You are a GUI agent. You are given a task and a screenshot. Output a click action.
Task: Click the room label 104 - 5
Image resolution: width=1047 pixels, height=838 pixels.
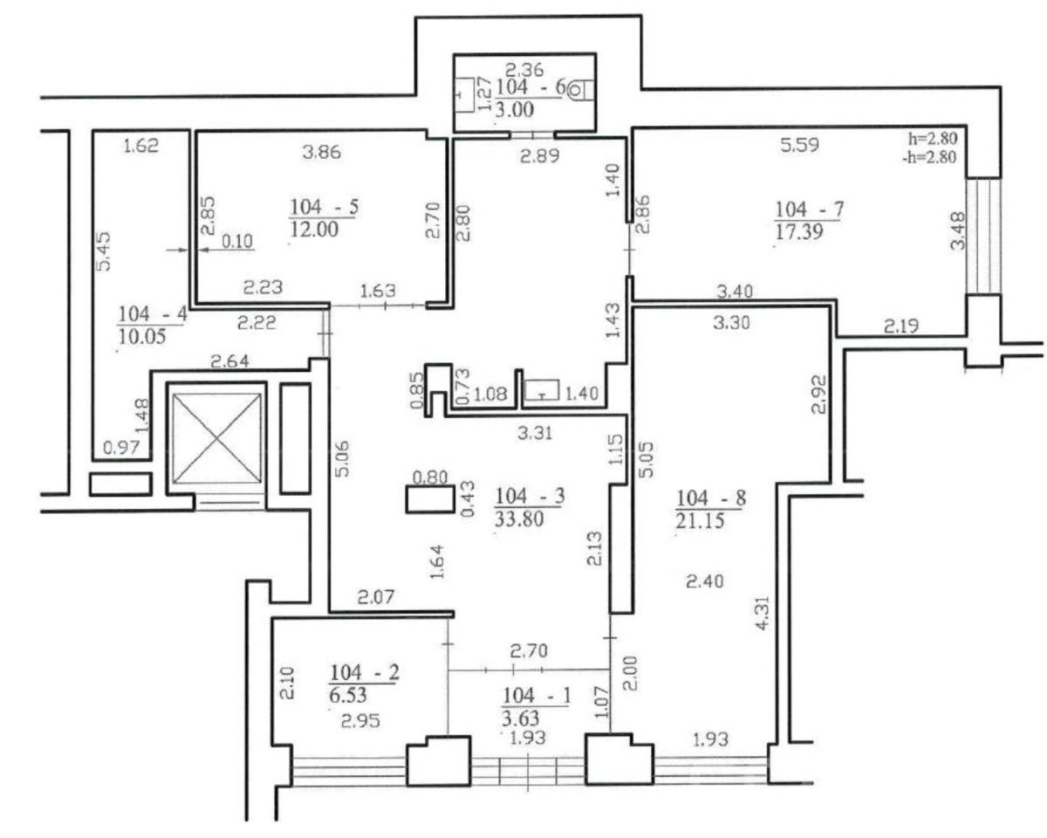click(x=324, y=207)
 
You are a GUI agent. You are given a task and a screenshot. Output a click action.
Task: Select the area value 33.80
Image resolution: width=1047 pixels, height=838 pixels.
click(x=519, y=519)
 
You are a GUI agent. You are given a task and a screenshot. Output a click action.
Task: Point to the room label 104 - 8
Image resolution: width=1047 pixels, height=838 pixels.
click(x=711, y=498)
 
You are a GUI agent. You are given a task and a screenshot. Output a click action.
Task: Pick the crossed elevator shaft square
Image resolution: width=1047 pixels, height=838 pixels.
click(x=217, y=439)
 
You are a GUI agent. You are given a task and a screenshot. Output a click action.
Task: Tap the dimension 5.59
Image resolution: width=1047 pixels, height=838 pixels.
click(x=799, y=145)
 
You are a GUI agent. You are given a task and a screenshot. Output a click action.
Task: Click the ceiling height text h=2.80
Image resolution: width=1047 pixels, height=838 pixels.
click(x=933, y=138)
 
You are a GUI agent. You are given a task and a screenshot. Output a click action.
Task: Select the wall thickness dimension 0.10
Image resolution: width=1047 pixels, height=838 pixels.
click(x=237, y=241)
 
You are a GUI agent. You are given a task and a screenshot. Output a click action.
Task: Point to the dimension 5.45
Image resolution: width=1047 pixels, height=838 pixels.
click(x=104, y=251)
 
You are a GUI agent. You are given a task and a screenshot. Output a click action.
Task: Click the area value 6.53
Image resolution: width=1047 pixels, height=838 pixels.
click(x=348, y=695)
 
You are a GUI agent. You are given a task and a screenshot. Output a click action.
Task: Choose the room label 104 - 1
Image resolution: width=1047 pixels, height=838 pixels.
click(x=536, y=696)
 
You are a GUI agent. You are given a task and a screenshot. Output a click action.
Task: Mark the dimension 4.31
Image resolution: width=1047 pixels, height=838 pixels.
click(x=763, y=613)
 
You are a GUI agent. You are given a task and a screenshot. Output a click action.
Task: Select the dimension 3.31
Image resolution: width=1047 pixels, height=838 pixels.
click(x=535, y=433)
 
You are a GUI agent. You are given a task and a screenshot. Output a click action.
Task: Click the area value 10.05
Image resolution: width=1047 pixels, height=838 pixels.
click(x=142, y=336)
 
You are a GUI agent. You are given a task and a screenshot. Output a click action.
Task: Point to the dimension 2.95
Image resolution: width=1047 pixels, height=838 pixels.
click(x=360, y=721)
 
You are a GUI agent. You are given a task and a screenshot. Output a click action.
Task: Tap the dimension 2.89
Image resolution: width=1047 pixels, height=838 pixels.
click(x=539, y=156)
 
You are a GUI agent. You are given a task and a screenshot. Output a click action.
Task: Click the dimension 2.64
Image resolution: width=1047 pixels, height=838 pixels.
click(x=229, y=361)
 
